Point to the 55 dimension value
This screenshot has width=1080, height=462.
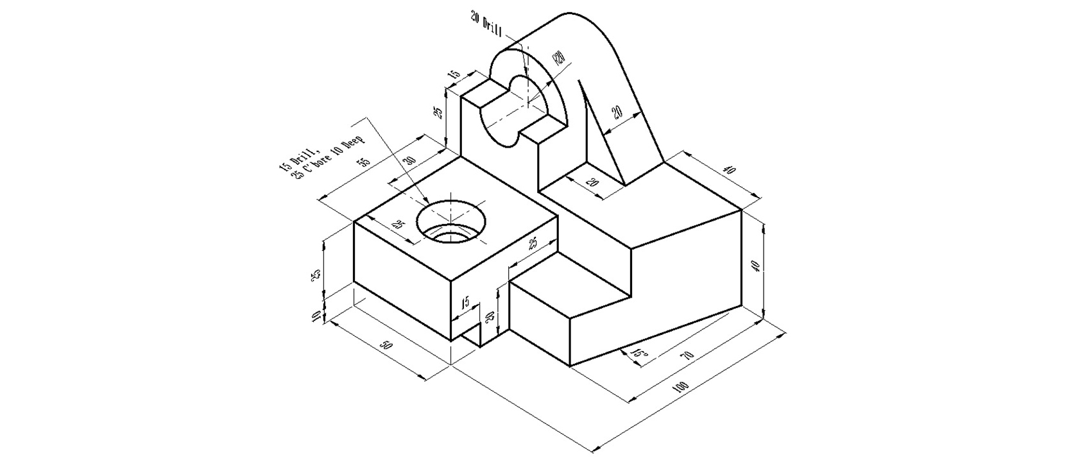click(363, 162)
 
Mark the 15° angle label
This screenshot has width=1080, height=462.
click(639, 354)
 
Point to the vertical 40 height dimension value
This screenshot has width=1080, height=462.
click(758, 266)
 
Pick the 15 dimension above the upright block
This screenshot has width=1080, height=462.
click(454, 75)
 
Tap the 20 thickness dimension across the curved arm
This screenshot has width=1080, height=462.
click(617, 113)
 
